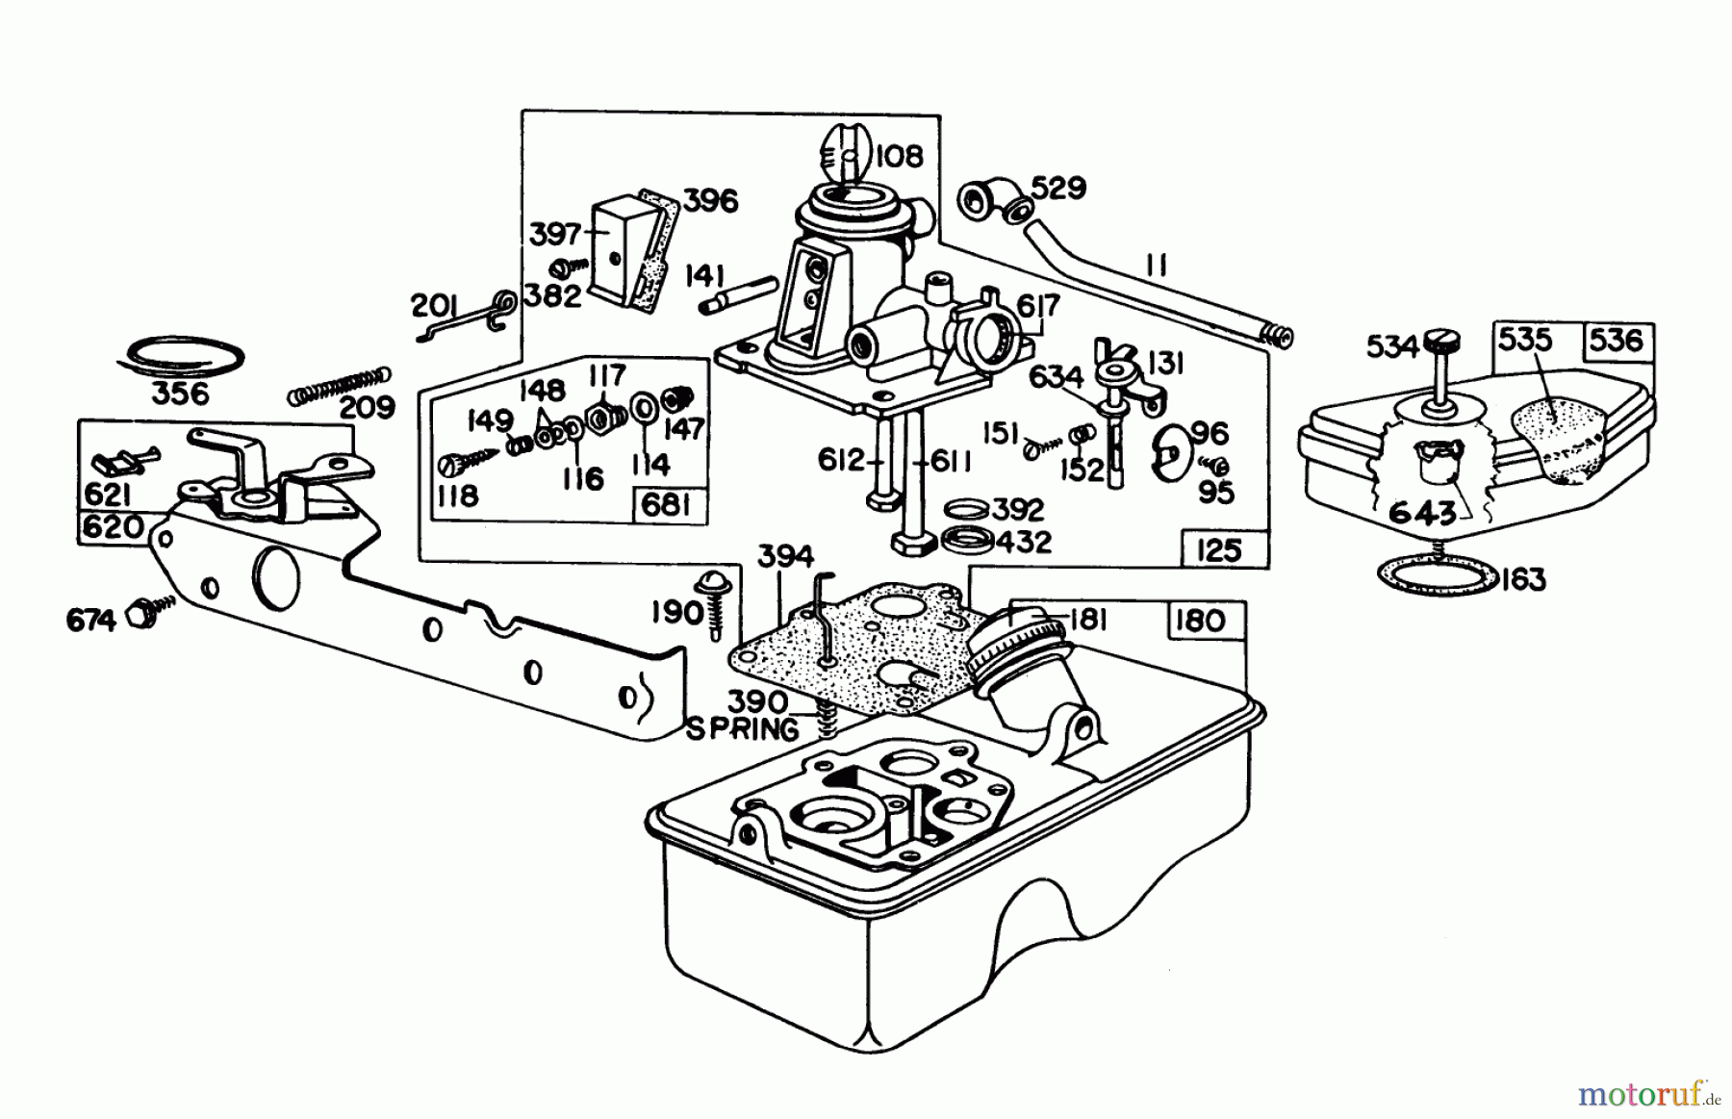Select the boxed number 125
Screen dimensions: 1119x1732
[x=1219, y=550]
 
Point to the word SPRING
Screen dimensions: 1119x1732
[x=742, y=729]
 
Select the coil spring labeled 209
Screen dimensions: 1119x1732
[x=341, y=385]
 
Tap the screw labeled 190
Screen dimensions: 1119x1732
[x=714, y=606]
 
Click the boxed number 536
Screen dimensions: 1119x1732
[x=1617, y=340]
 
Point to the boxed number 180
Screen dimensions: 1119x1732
[x=1200, y=621]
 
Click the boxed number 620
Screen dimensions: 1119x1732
[x=112, y=527]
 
